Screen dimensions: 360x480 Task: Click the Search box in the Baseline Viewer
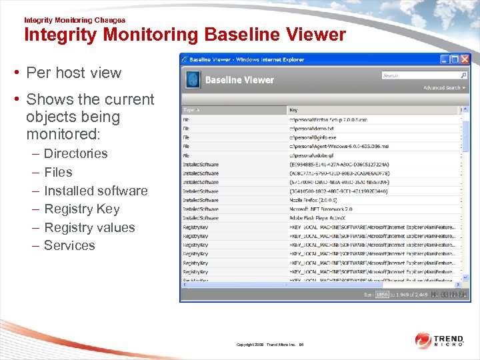[420, 76]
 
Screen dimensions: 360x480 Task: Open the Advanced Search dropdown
[444, 88]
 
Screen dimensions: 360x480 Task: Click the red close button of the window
[465, 59]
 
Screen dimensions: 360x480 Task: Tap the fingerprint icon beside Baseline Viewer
[192, 80]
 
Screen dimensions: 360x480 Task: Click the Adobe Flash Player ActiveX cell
[321, 218]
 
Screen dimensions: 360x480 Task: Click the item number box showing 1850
[382, 295]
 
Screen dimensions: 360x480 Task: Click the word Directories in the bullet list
[75, 153]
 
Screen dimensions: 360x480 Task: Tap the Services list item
[69, 245]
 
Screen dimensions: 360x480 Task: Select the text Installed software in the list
[95, 191]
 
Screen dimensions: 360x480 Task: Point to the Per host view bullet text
[73, 73]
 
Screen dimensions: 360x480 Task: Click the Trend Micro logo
[440, 341]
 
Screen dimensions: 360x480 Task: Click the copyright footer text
[270, 345]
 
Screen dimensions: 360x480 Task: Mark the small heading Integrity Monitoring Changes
[75, 20]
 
